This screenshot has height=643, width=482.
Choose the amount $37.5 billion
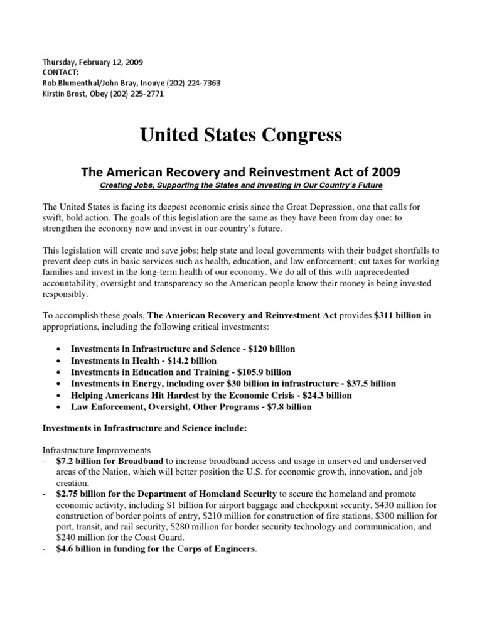(x=366, y=384)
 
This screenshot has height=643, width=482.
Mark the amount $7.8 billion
(x=282, y=407)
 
